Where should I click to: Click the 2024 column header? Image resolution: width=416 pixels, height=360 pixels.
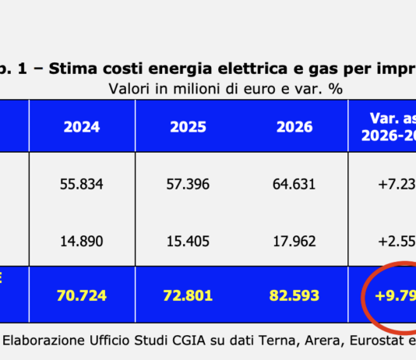(x=82, y=126)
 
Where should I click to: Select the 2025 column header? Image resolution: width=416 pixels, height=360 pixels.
(x=189, y=126)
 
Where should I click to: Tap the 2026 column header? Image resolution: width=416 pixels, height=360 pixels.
(x=294, y=126)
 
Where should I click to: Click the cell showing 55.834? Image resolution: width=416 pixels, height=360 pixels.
(x=82, y=185)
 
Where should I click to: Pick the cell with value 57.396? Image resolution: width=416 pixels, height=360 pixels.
(x=189, y=185)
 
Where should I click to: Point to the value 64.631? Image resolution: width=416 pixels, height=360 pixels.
(x=294, y=185)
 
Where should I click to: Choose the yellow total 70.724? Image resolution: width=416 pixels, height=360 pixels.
(x=82, y=296)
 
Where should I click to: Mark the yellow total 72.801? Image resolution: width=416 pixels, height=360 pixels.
(x=189, y=296)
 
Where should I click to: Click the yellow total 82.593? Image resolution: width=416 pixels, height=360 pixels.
(x=294, y=296)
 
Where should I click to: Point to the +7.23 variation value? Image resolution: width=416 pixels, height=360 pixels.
(x=393, y=185)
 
